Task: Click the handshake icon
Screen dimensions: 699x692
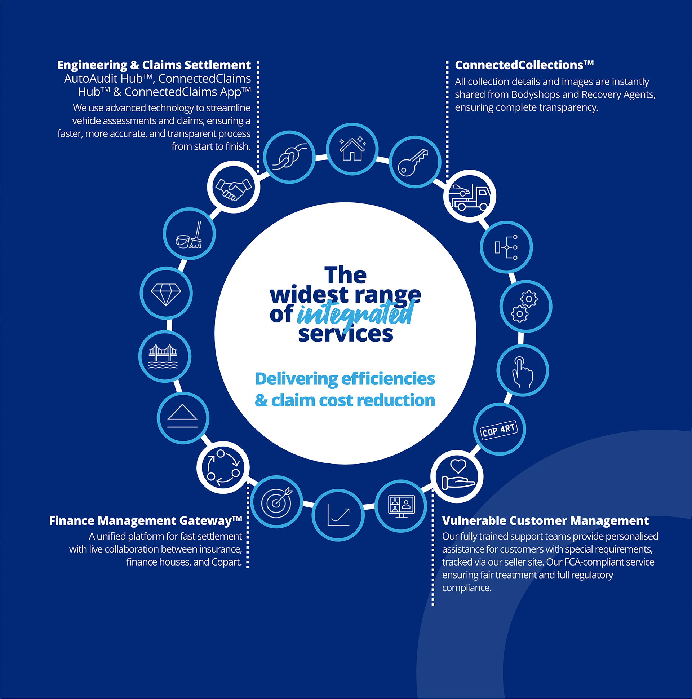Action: click(x=234, y=188)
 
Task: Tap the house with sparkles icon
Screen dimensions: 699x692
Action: click(x=352, y=149)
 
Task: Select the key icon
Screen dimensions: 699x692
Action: click(x=415, y=162)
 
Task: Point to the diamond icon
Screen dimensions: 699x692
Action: click(x=166, y=294)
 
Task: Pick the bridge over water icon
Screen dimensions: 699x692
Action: click(x=164, y=356)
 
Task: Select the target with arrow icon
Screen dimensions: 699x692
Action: click(x=276, y=502)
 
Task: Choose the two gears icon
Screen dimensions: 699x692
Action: click(x=525, y=307)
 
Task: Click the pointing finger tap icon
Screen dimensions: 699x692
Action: click(x=523, y=371)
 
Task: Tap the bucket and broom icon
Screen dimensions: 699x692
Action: click(x=189, y=234)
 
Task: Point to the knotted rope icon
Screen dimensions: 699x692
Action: click(x=289, y=157)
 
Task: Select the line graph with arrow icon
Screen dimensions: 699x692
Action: click(x=338, y=515)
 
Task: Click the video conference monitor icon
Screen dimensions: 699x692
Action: click(x=401, y=506)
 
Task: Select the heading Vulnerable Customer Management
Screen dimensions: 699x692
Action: click(x=545, y=520)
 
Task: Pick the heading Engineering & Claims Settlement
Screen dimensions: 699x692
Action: click(x=154, y=65)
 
